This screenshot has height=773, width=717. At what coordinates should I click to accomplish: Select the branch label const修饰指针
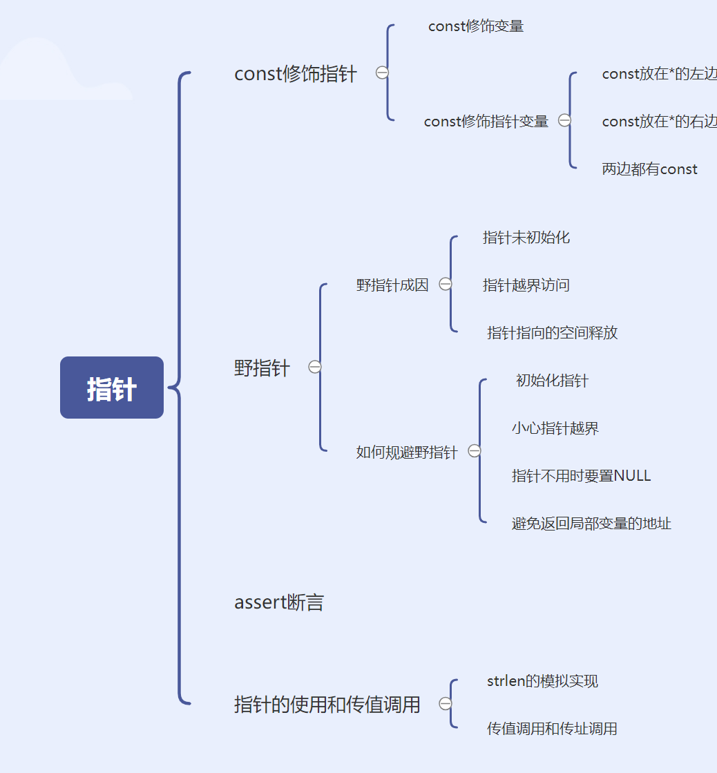(296, 74)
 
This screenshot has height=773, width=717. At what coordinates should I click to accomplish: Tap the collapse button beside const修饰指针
(382, 73)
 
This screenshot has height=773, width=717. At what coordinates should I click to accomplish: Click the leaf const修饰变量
(476, 26)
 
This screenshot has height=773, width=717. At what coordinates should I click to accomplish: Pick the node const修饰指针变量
(486, 122)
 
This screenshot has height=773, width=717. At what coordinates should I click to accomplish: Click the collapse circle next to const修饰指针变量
(564, 120)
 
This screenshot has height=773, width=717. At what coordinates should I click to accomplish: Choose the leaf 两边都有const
(649, 169)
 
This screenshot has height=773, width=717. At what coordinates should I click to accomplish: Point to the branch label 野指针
(262, 368)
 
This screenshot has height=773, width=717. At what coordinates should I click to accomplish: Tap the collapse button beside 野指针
(315, 367)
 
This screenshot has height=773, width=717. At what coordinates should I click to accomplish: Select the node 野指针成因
(392, 285)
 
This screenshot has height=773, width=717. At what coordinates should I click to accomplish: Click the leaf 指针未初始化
(526, 238)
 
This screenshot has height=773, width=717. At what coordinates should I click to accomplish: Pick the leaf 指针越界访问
(526, 285)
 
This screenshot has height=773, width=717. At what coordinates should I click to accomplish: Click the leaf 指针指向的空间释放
(552, 333)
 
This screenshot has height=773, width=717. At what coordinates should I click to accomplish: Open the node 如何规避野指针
(406, 453)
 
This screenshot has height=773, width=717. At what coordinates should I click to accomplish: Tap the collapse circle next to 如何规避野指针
(475, 451)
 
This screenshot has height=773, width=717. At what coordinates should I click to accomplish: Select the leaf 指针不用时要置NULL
(581, 476)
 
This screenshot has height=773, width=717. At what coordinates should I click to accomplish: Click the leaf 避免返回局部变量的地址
(591, 524)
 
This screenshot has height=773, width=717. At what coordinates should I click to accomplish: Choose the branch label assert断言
(279, 603)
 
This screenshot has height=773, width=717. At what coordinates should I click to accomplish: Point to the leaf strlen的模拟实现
(542, 681)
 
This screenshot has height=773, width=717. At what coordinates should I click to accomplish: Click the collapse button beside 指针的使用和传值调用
(446, 703)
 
